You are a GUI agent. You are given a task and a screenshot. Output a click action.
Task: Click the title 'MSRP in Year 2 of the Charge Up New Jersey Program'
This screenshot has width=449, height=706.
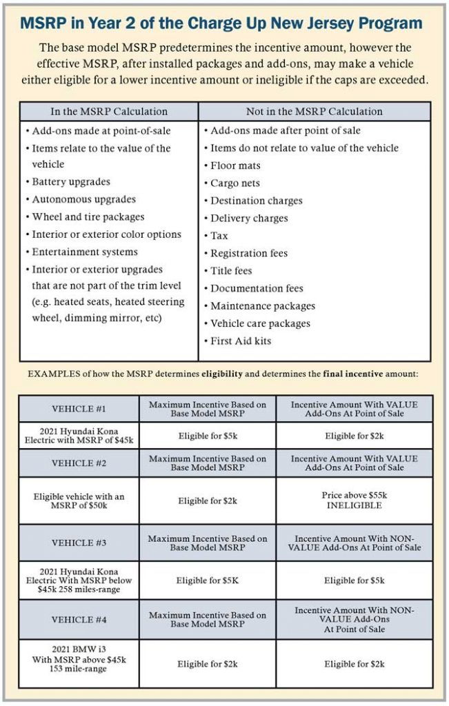[x=221, y=23]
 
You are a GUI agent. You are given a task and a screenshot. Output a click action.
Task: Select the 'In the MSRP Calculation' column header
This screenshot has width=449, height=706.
[x=109, y=112]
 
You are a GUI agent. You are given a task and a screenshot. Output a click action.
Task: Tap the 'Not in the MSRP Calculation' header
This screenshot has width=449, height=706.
[x=314, y=112]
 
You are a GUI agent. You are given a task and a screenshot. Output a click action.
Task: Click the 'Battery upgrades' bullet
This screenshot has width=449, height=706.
[x=71, y=182]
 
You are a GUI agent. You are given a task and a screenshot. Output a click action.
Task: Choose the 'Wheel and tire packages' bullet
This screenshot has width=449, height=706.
[x=87, y=217]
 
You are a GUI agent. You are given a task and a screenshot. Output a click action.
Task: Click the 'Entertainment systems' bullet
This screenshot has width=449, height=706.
[x=85, y=252]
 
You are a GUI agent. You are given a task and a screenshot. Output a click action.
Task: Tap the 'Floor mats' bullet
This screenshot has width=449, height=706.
[x=236, y=165]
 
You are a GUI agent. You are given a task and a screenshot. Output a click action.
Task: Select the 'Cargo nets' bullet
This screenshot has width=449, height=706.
[x=236, y=183]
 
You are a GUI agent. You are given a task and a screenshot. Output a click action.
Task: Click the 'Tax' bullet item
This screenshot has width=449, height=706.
[x=221, y=236]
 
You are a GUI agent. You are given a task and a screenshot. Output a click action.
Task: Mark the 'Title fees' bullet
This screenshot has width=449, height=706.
[x=231, y=271]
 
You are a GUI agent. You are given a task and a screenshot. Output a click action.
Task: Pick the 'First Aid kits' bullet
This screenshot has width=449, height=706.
[x=241, y=341]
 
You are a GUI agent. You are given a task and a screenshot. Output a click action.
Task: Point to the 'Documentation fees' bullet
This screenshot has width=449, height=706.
[x=257, y=288]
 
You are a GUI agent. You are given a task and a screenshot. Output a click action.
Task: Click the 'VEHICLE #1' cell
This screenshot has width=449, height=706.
[x=79, y=408]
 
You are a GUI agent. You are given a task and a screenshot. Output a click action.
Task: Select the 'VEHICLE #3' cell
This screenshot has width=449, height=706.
[x=79, y=543]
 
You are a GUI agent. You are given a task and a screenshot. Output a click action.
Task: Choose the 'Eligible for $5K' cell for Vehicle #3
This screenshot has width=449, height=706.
[x=208, y=581]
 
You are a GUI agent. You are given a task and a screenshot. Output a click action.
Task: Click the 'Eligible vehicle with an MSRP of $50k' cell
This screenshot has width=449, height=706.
[x=79, y=501]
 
